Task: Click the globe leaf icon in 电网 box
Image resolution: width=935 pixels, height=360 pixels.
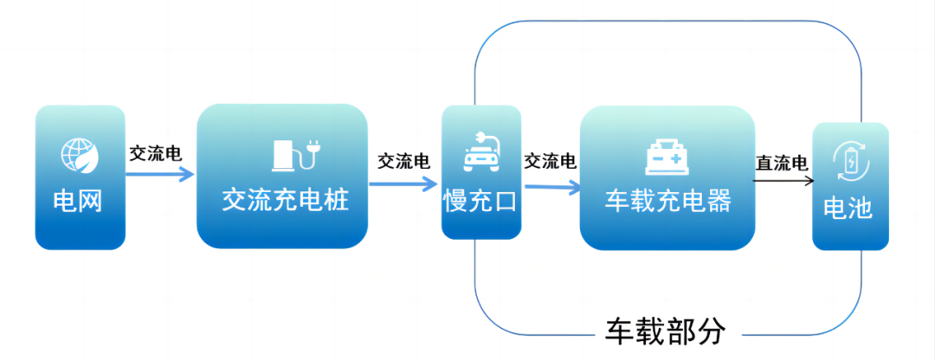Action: [79, 156]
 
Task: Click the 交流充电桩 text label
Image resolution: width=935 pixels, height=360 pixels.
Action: [286, 202]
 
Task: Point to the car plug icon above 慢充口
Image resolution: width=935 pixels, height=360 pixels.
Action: [480, 151]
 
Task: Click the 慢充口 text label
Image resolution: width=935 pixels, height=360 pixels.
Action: [480, 202]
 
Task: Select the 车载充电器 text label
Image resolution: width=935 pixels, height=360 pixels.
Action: [667, 202]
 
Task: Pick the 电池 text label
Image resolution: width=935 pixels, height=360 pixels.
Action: [848, 209]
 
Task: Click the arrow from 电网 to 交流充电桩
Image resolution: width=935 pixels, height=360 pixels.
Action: [160, 174]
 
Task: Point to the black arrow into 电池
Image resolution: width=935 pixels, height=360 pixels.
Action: [783, 181]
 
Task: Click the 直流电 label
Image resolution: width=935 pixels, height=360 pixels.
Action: [782, 163]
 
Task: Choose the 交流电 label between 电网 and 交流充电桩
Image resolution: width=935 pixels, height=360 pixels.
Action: [156, 154]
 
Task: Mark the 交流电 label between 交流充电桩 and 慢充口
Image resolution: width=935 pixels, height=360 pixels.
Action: [403, 163]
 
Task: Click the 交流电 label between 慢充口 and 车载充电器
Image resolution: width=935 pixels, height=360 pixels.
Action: [551, 161]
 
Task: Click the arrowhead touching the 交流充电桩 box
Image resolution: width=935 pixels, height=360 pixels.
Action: [189, 174]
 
